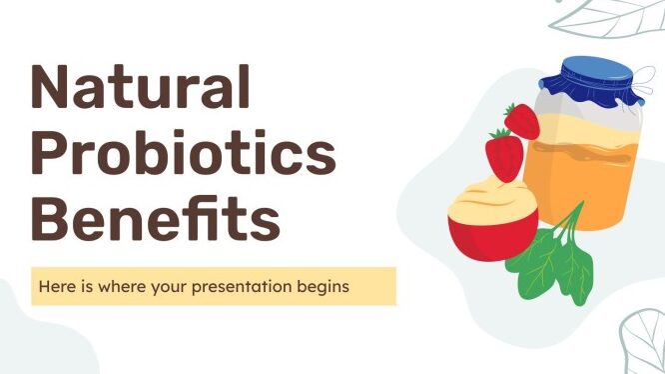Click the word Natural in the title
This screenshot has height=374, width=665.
tap(141, 87)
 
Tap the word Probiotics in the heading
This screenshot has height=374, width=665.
tap(184, 152)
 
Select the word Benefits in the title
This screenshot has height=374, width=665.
tap(156, 218)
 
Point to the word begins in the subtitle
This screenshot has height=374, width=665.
tap(324, 287)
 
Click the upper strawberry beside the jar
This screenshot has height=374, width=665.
tap(521, 121)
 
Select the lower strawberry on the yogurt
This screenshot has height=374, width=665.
tap(504, 155)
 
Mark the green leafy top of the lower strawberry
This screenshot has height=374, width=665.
tap(500, 133)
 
